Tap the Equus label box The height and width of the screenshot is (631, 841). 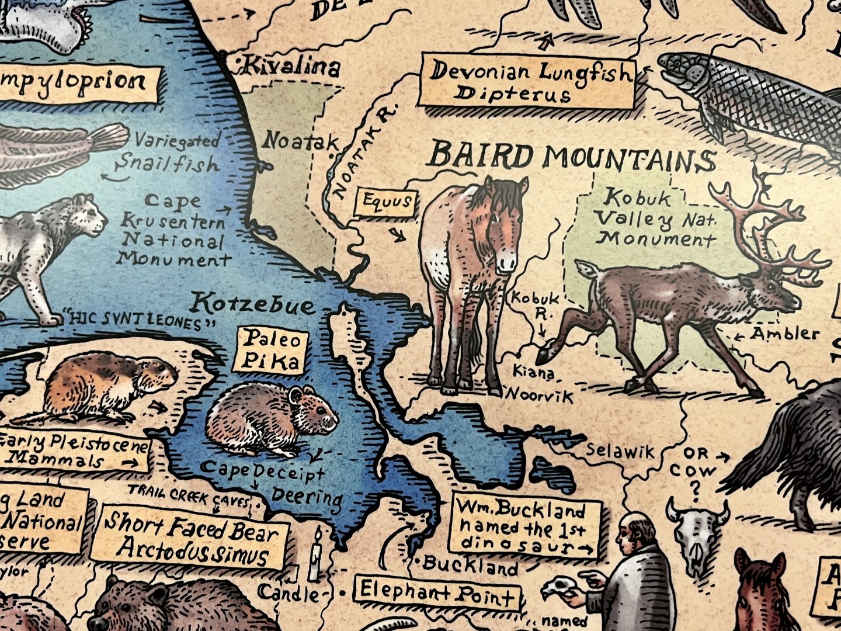pos(387,203)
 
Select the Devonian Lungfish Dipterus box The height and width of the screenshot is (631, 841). pos(527,82)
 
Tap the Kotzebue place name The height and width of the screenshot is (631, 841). pos(253,304)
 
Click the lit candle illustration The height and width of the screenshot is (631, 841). pos(315,558)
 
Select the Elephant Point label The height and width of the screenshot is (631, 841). pos(437,594)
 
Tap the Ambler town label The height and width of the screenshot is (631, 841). pos(784,334)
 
